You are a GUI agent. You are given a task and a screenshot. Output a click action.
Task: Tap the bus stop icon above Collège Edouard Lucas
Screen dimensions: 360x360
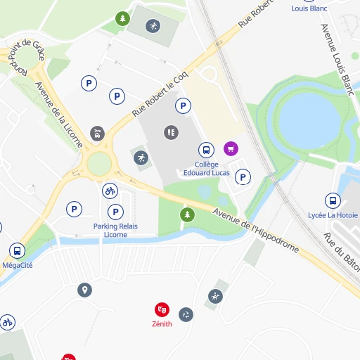point(206,150)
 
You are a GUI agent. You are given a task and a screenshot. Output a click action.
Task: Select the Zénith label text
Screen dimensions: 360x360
point(162,324)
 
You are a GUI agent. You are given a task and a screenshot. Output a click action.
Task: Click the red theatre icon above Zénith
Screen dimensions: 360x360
point(162,309)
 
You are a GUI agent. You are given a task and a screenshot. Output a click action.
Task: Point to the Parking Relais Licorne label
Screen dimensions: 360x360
point(115,230)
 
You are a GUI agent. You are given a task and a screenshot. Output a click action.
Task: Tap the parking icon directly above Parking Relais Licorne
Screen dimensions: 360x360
point(115,212)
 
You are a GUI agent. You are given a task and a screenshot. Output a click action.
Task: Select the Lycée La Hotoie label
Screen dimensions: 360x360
point(333,215)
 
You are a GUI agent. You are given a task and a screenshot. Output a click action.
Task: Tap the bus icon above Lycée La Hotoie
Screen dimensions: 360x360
point(333,200)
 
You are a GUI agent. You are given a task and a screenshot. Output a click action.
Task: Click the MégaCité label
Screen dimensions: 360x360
point(17,265)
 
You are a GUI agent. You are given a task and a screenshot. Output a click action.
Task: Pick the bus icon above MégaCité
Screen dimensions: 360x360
point(17,250)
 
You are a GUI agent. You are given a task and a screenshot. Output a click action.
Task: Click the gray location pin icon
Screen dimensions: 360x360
point(85,290)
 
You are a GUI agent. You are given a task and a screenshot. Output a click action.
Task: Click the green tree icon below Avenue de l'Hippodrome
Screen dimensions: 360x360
point(186,214)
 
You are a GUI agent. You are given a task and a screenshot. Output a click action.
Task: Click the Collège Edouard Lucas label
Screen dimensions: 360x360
point(206,168)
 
